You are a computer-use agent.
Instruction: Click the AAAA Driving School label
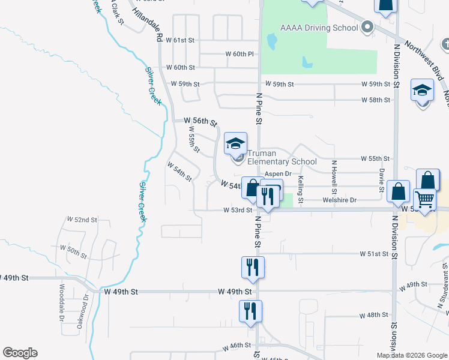click(x=319, y=28)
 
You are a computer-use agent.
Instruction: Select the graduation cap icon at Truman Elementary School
click(x=235, y=143)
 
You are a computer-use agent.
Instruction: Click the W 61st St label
click(x=183, y=40)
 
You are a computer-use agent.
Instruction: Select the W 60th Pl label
click(x=240, y=54)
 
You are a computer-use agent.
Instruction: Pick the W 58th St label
click(x=376, y=100)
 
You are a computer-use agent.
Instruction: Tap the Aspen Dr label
click(x=278, y=173)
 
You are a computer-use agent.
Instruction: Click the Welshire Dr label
click(x=339, y=200)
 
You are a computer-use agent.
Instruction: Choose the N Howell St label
click(x=334, y=173)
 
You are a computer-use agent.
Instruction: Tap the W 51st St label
click(x=375, y=254)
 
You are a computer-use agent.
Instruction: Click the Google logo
click(x=20, y=353)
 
